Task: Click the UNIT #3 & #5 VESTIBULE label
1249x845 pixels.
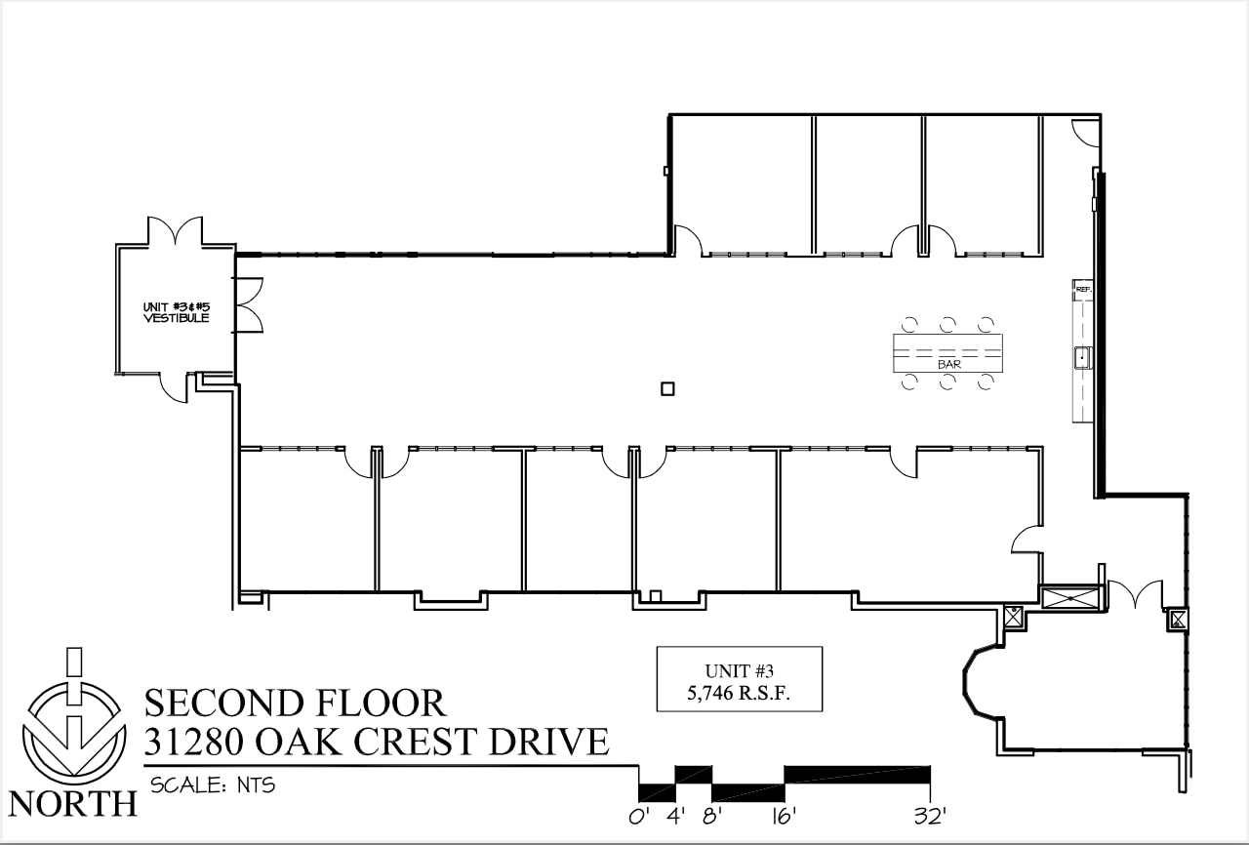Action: point(176,311)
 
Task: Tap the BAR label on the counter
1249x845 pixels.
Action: point(948,364)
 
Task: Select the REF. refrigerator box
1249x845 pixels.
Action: point(1082,289)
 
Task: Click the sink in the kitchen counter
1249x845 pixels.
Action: point(1082,358)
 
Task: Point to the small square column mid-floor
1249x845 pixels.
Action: point(667,388)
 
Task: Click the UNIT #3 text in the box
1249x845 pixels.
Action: point(739,671)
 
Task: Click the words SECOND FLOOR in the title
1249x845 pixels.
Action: point(295,703)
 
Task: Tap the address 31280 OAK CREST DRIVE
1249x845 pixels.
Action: point(376,742)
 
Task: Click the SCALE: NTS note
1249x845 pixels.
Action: point(213,785)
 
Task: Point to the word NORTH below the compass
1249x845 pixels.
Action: point(73,803)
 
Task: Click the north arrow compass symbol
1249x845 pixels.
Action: point(74,721)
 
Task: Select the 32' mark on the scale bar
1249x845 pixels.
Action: point(929,816)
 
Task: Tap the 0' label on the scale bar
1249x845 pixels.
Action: point(639,816)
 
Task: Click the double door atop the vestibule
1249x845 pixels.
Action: point(176,232)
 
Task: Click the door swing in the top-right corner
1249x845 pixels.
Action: point(1086,132)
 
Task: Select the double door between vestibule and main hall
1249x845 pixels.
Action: point(249,304)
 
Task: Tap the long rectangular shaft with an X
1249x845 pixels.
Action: point(1070,597)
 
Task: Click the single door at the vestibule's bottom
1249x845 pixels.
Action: point(174,387)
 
